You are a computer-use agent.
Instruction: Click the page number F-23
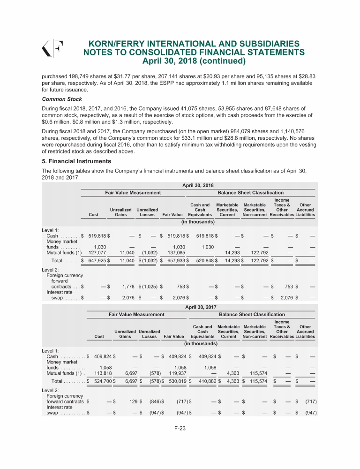pyautogui.click(x=180, y=441)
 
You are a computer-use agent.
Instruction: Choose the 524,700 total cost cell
pyautogui.click(x=102, y=381)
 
